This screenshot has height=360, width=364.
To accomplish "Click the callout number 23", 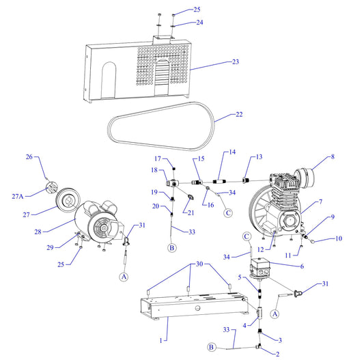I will pyautogui.click(x=235, y=62).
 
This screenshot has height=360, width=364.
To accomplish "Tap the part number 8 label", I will pyautogui.click(x=333, y=158).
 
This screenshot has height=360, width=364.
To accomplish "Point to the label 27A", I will pyautogui.click(x=18, y=196).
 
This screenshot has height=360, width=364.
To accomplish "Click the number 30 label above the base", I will pyautogui.click(x=199, y=264).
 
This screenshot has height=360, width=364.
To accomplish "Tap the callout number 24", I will pyautogui.click(x=179, y=23).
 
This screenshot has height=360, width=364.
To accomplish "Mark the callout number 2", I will pyautogui.click(x=277, y=353).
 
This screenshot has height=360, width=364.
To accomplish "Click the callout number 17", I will pyautogui.click(x=156, y=159).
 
